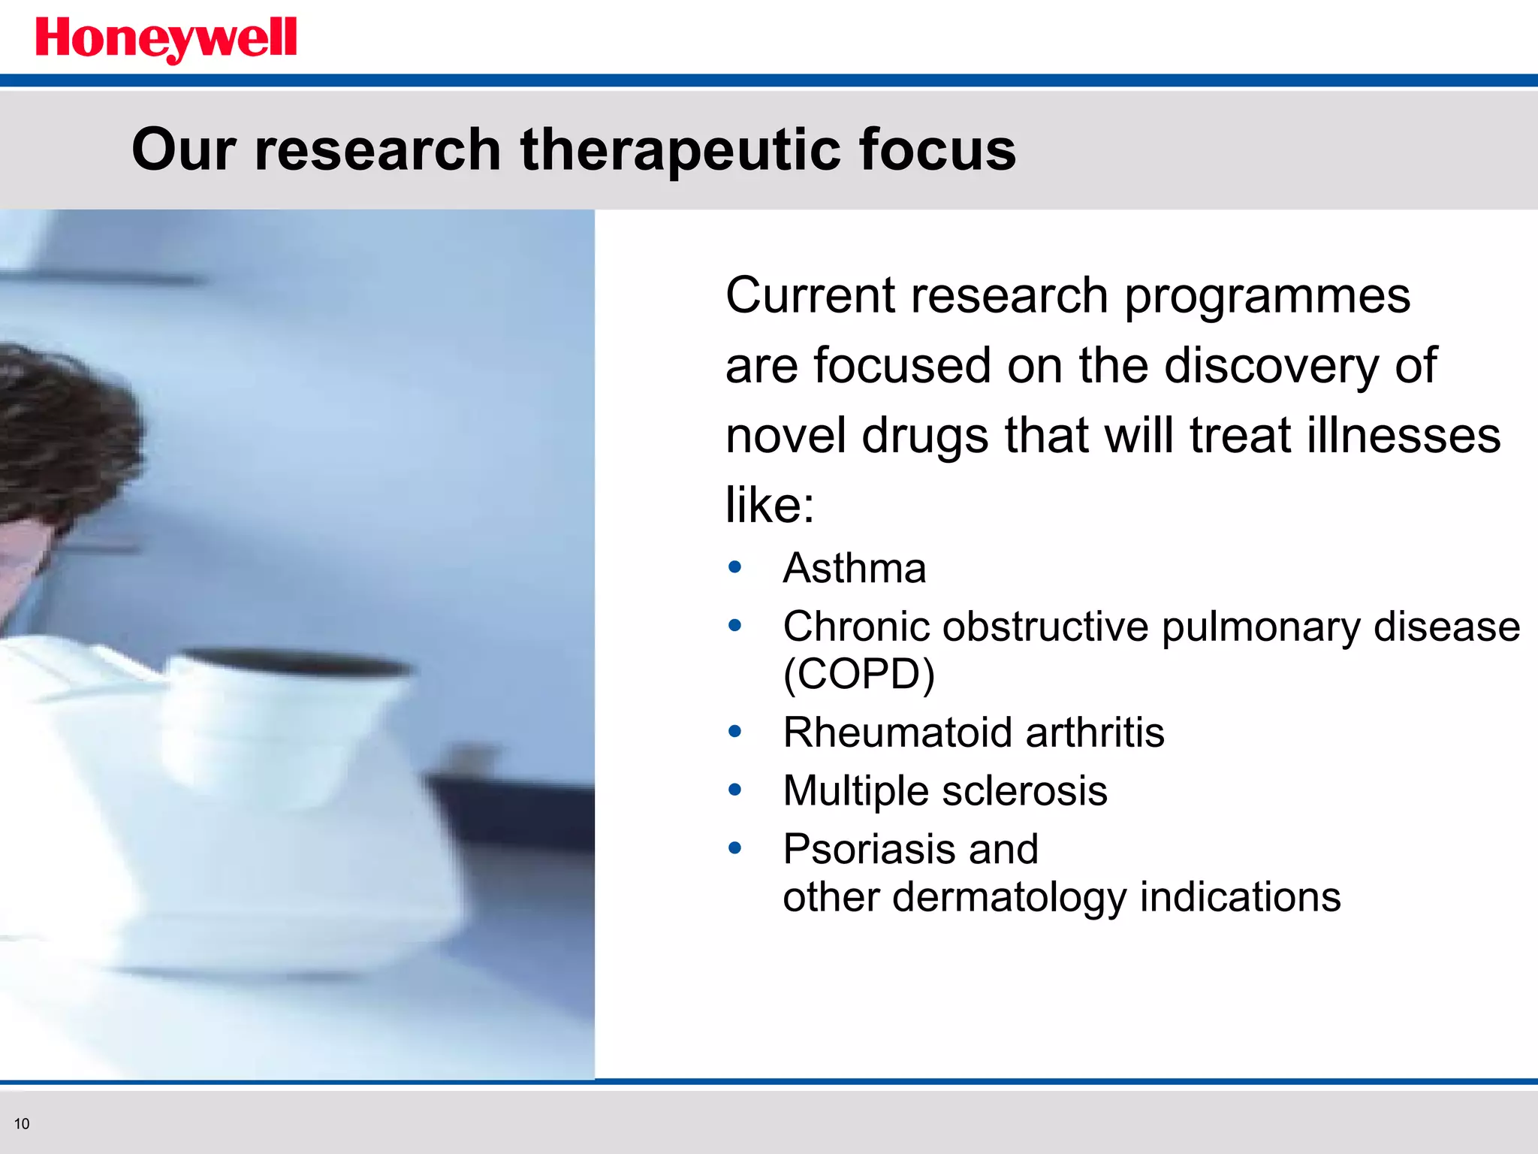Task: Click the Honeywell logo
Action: [166, 39]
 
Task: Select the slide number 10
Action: [22, 1124]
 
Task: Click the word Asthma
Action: [854, 568]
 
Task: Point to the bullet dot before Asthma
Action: [734, 567]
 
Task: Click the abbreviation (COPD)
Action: [858, 674]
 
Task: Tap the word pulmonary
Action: [1260, 627]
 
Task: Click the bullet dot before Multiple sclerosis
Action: [734, 790]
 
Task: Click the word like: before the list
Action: [769, 505]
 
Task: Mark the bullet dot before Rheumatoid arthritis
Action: [734, 731]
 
